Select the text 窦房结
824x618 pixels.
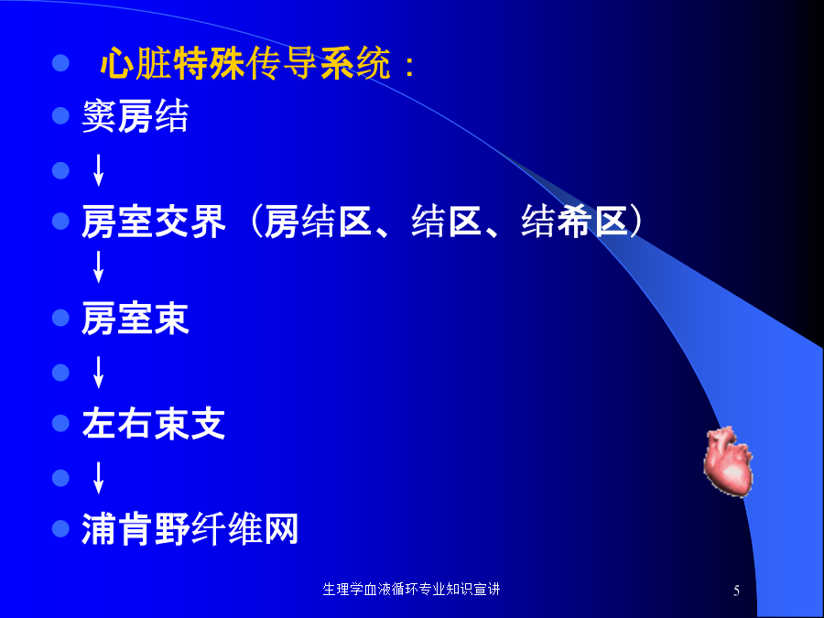(136, 115)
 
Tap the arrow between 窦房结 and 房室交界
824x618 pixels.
(98, 170)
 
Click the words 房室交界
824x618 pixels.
(154, 222)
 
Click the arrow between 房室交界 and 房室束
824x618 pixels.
(98, 267)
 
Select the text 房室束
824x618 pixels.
(136, 319)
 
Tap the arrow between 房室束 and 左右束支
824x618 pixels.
(98, 372)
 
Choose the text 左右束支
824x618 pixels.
(154, 424)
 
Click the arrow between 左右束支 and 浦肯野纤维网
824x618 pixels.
(98, 478)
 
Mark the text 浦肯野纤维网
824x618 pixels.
(190, 528)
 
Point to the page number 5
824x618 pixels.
(736, 591)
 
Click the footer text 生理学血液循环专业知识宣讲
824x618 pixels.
(411, 589)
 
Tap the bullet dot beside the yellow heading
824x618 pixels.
(61, 63)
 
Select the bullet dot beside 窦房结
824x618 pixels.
(61, 115)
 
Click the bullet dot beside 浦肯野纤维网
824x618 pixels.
(61, 528)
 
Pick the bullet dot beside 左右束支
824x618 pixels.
(61, 424)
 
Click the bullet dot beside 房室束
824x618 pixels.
(61, 318)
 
